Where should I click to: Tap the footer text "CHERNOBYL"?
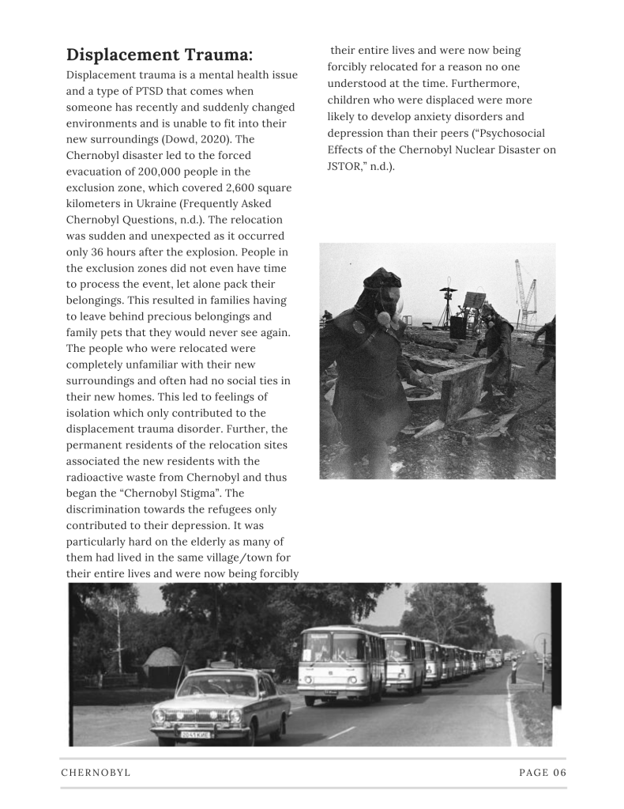96,773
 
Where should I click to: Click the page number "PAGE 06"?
543,773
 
